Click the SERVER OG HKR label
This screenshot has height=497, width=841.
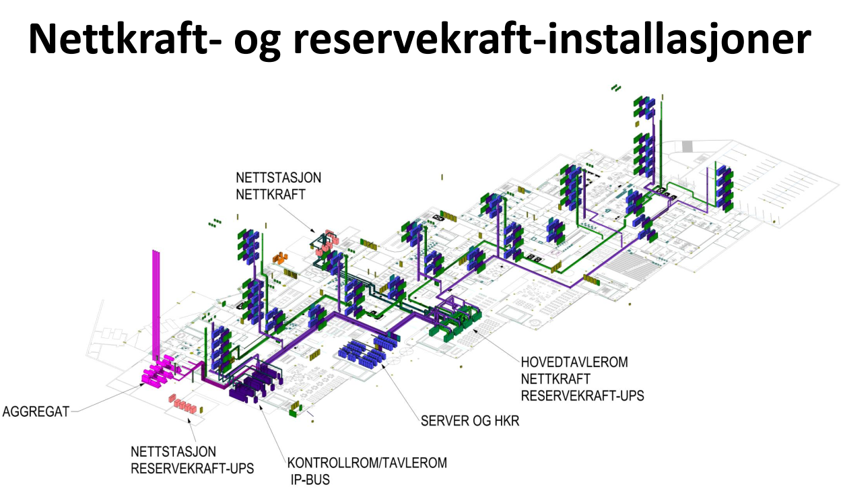coord(470,422)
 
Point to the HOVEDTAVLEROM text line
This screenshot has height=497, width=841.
coord(574,362)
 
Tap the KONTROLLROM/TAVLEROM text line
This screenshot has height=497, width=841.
coord(367,463)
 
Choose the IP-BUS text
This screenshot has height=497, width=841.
coord(307,480)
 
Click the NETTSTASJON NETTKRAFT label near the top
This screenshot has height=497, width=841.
coord(278,187)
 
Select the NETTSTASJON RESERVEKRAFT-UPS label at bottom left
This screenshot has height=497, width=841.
coord(192,459)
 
